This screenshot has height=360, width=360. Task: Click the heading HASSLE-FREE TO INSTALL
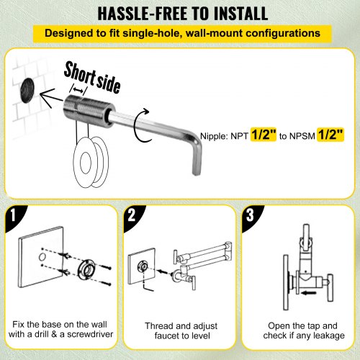179,13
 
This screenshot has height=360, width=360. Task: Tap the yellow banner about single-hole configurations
179,33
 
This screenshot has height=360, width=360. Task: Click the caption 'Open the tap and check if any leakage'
299,330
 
